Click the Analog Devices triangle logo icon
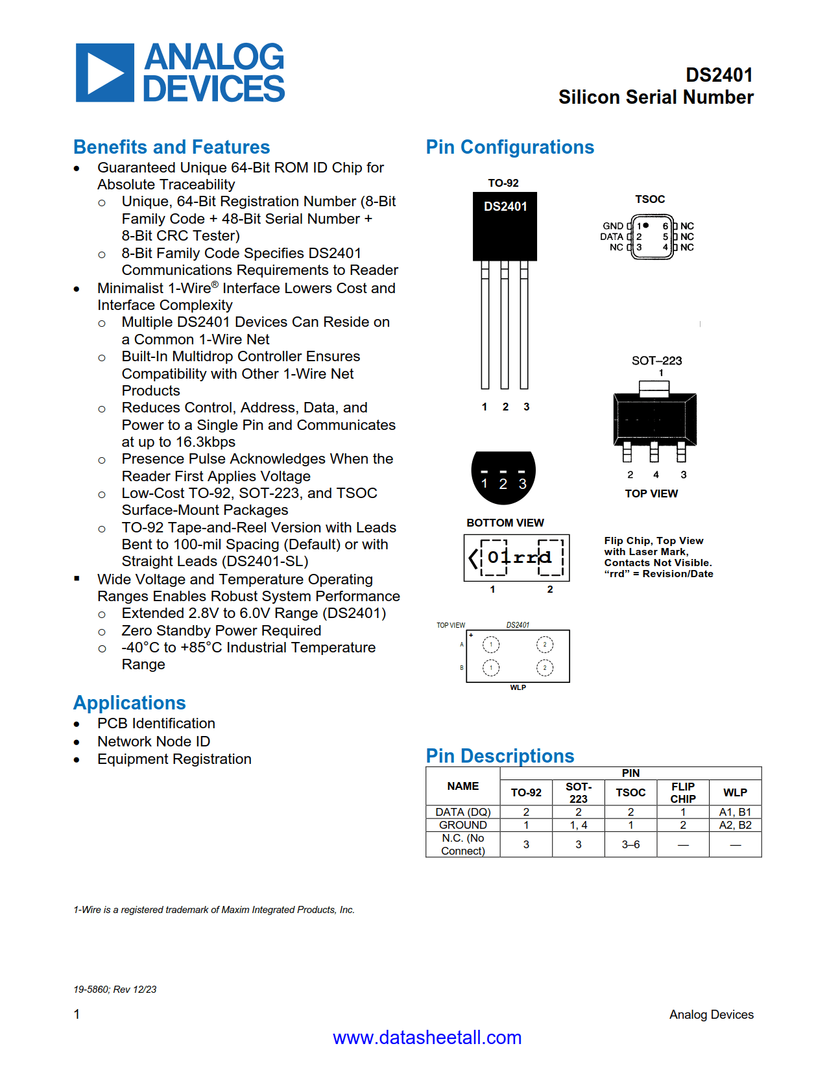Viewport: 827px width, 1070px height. click(104, 73)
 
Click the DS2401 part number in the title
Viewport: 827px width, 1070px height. click(719, 75)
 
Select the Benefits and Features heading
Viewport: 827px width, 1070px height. click(171, 147)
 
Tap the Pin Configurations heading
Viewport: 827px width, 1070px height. click(509, 147)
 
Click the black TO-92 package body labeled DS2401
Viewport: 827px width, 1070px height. click(505, 226)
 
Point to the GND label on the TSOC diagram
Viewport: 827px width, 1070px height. click(612, 226)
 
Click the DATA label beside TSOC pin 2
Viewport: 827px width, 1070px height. click(611, 237)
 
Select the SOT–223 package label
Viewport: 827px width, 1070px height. click(656, 361)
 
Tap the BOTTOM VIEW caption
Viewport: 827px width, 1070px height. click(505, 523)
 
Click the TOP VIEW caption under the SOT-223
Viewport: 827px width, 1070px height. click(651, 493)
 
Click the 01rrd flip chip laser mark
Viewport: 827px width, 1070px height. click(518, 557)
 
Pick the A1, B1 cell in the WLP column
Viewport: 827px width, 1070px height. click(735, 812)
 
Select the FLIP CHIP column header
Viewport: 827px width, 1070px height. click(682, 792)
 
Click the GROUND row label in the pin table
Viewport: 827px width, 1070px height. click(462, 825)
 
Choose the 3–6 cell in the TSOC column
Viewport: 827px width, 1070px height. click(630, 844)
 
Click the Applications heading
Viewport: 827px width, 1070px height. click(129, 703)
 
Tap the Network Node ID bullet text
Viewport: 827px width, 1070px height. click(154, 741)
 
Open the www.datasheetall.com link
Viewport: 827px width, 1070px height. click(427, 1038)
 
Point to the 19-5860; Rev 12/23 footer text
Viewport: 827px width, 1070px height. click(115, 990)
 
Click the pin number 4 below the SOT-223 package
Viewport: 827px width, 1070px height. click(656, 475)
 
